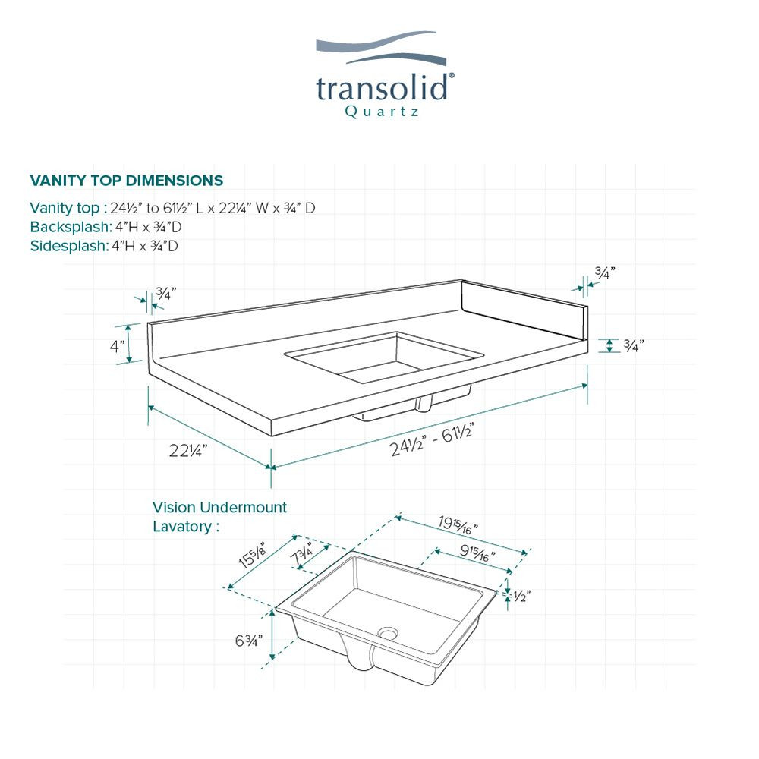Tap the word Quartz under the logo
pyautogui.click(x=382, y=112)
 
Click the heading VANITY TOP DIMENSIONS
pyautogui.click(x=126, y=181)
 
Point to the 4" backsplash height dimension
pyautogui.click(x=117, y=346)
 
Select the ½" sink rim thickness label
pyautogui.click(x=521, y=597)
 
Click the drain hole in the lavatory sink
pyautogui.click(x=389, y=631)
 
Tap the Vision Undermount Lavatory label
pyautogui.click(x=219, y=516)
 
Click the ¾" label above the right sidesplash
pyautogui.click(x=604, y=272)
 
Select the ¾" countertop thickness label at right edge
pyautogui.click(x=633, y=345)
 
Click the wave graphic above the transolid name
pyautogui.click(x=377, y=49)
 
